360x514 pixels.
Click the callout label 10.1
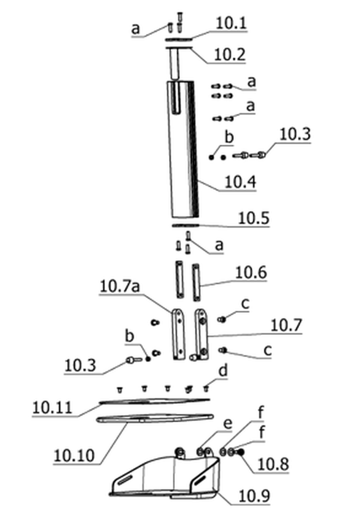tap(230, 23)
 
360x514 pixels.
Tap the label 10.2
tap(229, 55)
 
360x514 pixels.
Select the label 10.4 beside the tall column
tap(240, 182)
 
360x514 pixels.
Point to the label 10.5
tap(254, 218)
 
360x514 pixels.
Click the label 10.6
tap(251, 273)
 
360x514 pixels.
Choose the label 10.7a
tap(120, 286)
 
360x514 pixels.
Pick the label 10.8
tap(273, 464)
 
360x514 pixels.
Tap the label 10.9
tap(254, 496)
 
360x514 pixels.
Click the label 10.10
tap(74, 456)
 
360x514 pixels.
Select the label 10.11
tap(52, 408)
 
